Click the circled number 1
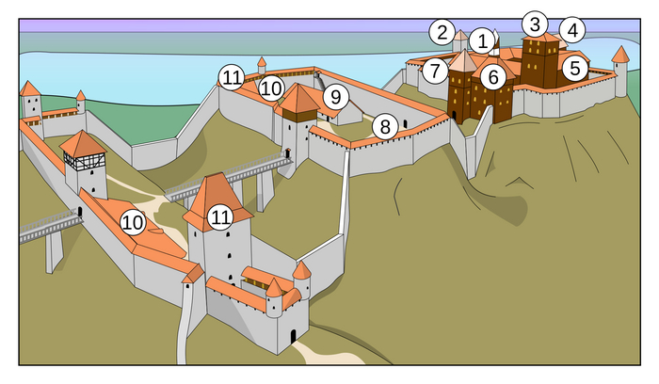(x=482, y=40)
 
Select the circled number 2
(x=442, y=32)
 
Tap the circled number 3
(x=534, y=23)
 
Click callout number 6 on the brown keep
(x=490, y=76)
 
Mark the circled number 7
(x=434, y=70)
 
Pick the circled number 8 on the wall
(x=383, y=126)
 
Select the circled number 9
(x=334, y=96)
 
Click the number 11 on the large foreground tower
(x=220, y=217)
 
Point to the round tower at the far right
(x=619, y=77)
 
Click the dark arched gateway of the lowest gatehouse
(x=293, y=335)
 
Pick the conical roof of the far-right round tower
(x=619, y=55)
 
